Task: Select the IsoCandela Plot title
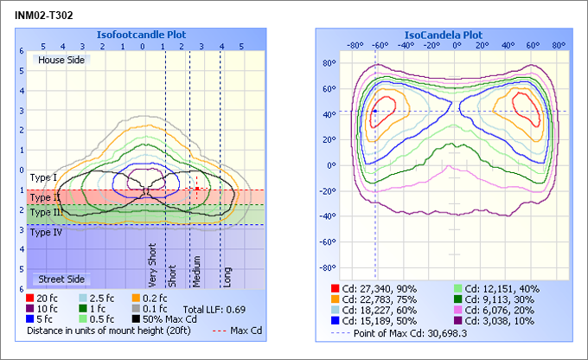[444, 35]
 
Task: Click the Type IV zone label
[45, 232]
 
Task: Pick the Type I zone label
[43, 177]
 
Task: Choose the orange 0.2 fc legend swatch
[136, 299]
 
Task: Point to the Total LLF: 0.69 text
[214, 309]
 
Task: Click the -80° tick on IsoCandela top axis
[354, 44]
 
